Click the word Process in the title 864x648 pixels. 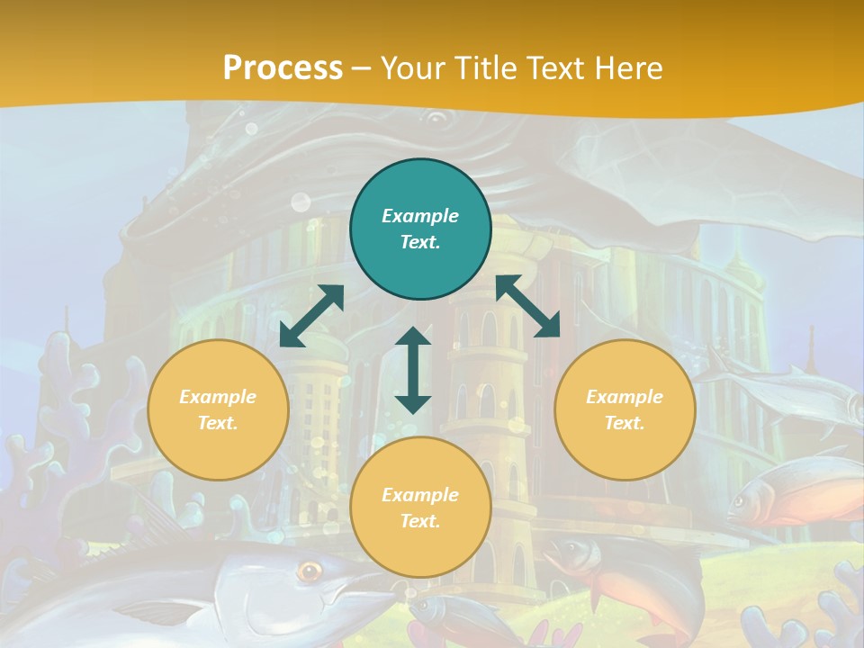283,68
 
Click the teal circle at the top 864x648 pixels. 420,229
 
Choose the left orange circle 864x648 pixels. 218,409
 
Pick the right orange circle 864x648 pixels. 625,409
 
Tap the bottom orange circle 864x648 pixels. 420,507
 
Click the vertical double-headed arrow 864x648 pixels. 413,370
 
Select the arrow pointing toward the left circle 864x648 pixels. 311,316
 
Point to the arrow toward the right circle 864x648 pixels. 528,306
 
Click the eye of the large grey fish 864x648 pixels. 310,570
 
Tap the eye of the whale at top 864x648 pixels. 436,117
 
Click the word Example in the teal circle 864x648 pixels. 420,216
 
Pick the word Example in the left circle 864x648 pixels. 218,397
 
